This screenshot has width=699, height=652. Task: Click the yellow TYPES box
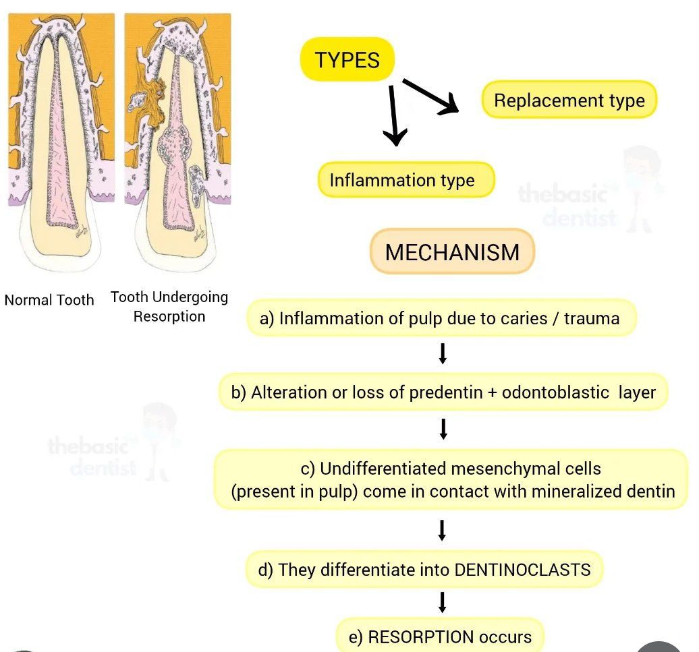tap(347, 60)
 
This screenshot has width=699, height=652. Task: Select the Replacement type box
tap(569, 100)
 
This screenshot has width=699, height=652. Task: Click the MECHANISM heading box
tap(452, 252)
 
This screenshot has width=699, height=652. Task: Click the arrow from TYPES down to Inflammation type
tap(394, 115)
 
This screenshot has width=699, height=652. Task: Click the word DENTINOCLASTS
tap(523, 570)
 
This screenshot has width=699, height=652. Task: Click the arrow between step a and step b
tap(443, 354)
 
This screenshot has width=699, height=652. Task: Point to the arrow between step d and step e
tap(443, 602)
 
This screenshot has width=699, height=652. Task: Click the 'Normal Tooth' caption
tap(49, 300)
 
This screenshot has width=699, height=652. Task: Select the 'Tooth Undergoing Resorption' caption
tap(169, 306)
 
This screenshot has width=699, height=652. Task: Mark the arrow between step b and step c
tap(443, 428)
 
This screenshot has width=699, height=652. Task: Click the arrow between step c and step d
tap(443, 529)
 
